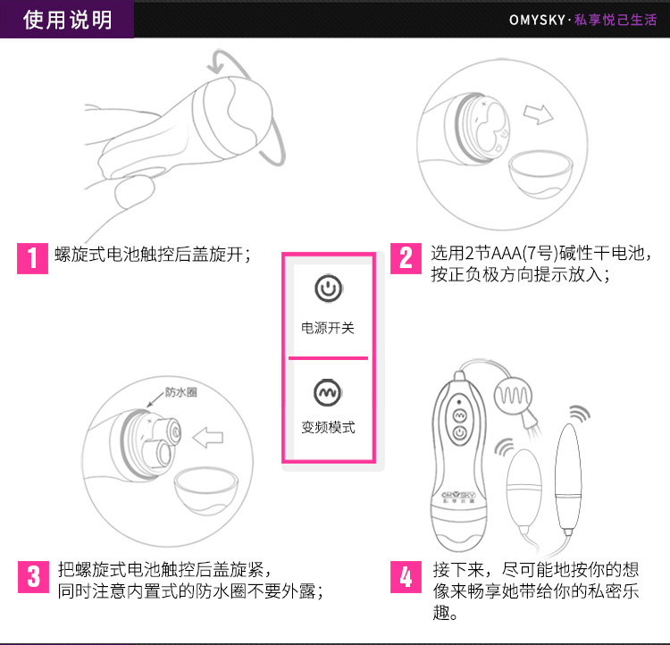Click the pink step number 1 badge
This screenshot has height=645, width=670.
coord(32,258)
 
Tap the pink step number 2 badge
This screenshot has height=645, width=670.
coord(406,258)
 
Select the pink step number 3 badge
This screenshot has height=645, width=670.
coord(33,577)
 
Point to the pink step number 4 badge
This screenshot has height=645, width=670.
coord(406,577)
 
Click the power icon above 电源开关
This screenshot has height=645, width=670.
coord(328,289)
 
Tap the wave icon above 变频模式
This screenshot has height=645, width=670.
coord(328,392)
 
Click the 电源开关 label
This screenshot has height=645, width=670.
coord(328,328)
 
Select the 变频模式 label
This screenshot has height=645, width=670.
coord(328,427)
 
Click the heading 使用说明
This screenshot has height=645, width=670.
coord(68,20)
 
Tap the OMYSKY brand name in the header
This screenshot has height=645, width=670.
coord(537,20)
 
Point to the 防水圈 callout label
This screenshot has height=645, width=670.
coord(181,392)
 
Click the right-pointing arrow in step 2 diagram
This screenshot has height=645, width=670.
coord(539,114)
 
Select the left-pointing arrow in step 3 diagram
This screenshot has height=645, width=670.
coord(208,437)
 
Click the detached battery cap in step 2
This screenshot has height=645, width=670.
coord(540,173)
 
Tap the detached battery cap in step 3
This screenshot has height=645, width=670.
coord(205,490)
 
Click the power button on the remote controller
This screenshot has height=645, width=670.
coord(460,433)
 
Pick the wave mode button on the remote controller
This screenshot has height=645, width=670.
coord(459,415)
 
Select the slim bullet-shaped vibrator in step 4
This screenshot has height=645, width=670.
coord(568,479)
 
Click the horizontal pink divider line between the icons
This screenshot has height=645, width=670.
coord(328,357)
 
